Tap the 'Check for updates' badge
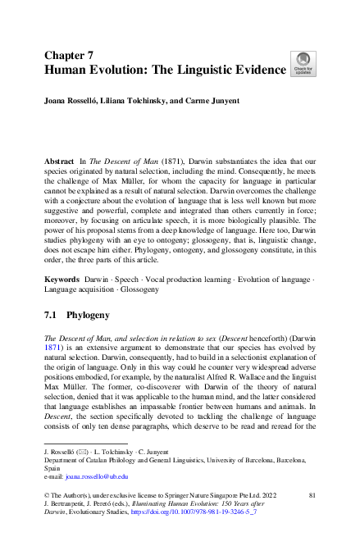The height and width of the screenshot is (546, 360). point(303,64)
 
